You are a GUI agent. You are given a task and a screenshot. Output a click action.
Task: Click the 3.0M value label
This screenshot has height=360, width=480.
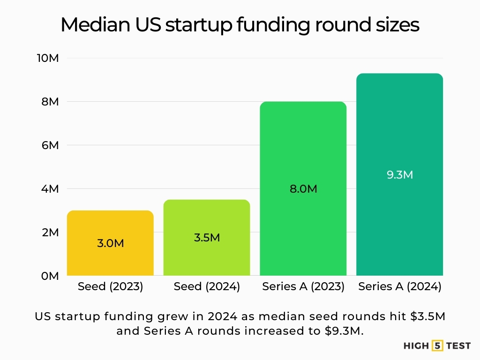pos(110,243)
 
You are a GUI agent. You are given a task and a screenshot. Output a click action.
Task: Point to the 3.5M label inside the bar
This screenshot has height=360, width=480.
pos(207,237)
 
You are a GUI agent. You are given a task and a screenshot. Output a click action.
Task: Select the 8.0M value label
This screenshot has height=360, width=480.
pos(303,189)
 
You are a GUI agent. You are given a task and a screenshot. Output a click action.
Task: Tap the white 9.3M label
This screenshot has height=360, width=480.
pos(400,175)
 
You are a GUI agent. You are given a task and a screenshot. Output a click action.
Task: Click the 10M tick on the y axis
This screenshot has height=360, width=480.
pos(49,59)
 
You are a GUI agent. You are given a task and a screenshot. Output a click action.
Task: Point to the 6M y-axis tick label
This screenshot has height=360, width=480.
pos(50,145)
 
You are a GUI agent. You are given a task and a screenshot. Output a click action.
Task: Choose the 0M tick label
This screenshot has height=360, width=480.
pos(50,276)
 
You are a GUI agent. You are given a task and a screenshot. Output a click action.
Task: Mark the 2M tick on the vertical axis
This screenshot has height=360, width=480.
pos(50,232)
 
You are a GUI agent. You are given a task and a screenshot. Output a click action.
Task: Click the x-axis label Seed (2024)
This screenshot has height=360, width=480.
pos(207,287)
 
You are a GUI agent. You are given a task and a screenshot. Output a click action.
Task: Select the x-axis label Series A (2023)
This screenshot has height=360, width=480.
pos(303,287)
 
